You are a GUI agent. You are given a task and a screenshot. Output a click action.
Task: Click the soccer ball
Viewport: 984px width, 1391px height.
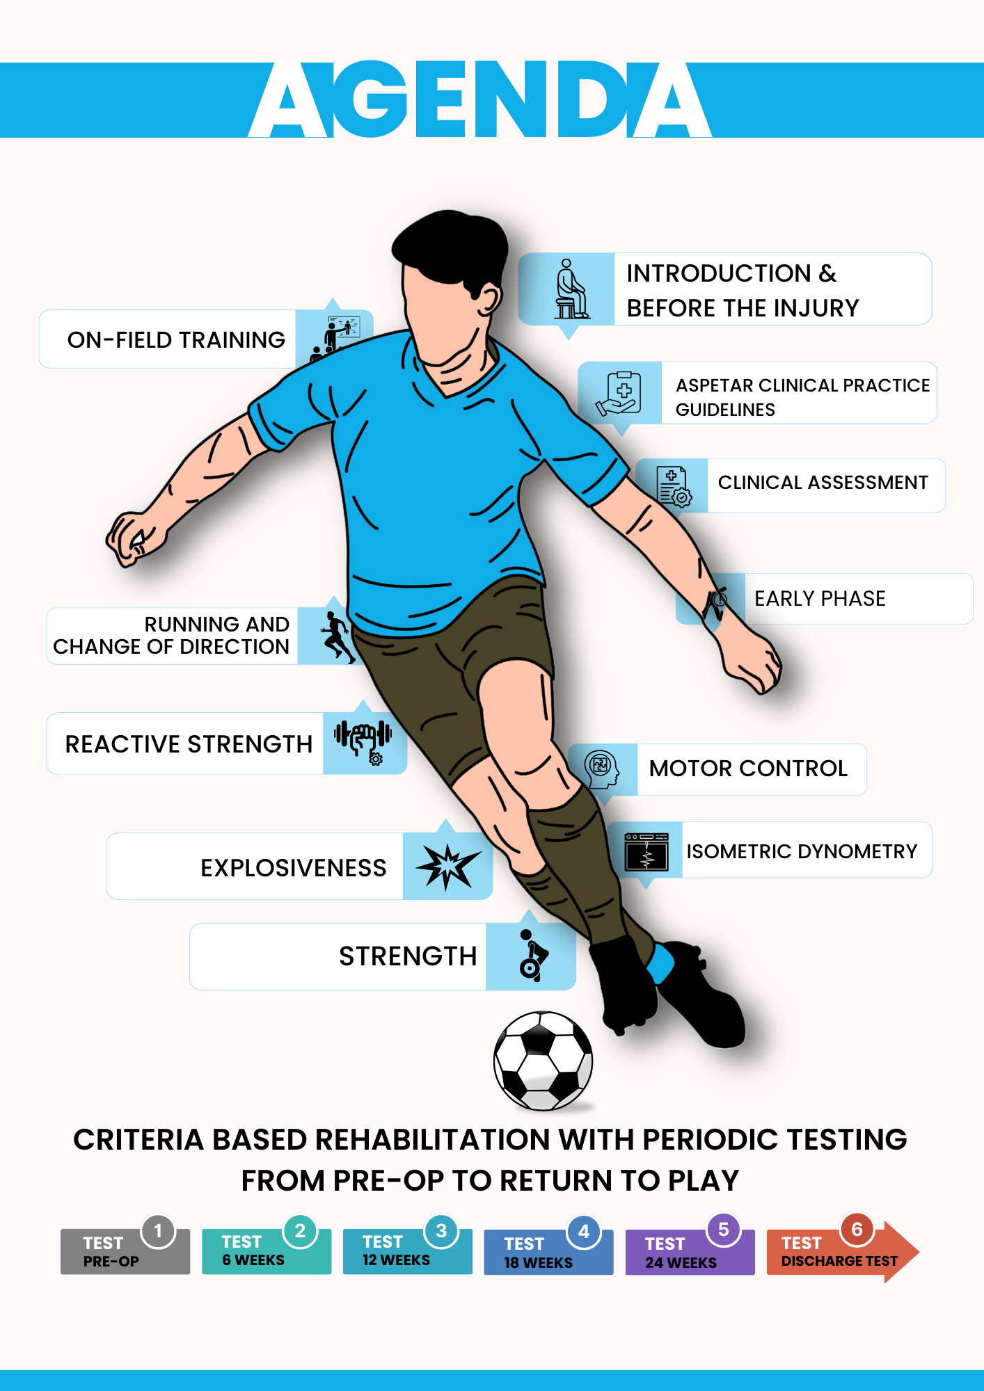(x=543, y=1061)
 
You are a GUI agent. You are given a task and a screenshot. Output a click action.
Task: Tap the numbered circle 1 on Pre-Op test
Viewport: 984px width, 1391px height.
(x=158, y=1231)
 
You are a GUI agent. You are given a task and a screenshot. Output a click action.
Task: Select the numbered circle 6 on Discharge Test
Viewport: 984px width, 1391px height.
(x=857, y=1230)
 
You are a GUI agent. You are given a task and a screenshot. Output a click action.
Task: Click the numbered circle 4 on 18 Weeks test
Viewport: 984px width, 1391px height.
(x=584, y=1232)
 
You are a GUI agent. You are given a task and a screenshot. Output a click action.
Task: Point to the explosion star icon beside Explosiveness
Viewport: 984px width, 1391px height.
(x=447, y=866)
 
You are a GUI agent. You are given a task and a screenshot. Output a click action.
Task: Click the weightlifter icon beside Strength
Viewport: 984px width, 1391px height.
(x=532, y=955)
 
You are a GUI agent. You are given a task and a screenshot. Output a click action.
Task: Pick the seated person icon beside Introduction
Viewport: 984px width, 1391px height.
(x=571, y=289)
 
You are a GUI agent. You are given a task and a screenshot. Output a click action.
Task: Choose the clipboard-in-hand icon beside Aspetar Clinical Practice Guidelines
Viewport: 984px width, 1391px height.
(x=619, y=393)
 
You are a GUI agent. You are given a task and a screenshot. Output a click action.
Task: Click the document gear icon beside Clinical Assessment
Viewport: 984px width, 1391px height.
(x=673, y=485)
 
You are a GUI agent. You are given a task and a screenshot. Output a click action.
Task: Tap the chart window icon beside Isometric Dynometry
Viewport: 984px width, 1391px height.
(x=646, y=851)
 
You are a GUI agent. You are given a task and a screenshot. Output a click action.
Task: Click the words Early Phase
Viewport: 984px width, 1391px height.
(x=820, y=599)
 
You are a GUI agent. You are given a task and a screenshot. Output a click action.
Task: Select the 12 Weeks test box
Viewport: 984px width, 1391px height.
(x=408, y=1251)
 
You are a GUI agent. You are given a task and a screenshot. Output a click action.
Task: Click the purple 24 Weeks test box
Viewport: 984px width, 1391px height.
(x=690, y=1252)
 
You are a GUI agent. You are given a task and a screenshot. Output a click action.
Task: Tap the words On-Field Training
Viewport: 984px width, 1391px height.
(x=176, y=340)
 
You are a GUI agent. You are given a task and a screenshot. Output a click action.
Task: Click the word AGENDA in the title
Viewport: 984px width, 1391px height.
(x=480, y=99)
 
